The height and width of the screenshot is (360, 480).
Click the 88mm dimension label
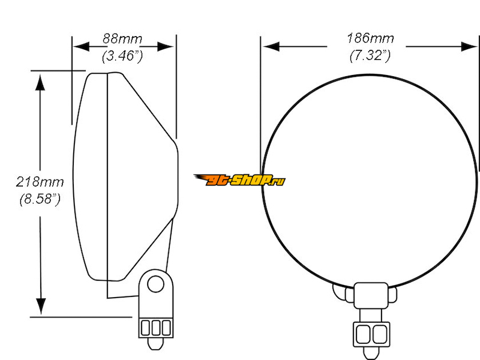click(122, 39)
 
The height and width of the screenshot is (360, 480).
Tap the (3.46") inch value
click(122, 56)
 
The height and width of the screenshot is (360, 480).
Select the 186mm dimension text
click(370, 38)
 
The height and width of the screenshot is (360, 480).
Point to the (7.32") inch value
click(370, 55)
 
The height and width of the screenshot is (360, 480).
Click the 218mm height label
click(40, 182)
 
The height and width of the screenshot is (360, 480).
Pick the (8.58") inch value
click(40, 199)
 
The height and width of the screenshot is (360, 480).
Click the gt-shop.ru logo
click(239, 180)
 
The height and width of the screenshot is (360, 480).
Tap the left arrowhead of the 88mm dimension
click(81, 47)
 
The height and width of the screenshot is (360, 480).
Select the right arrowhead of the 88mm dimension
click(166, 47)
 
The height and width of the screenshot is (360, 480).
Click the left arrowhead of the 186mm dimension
click(271, 47)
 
